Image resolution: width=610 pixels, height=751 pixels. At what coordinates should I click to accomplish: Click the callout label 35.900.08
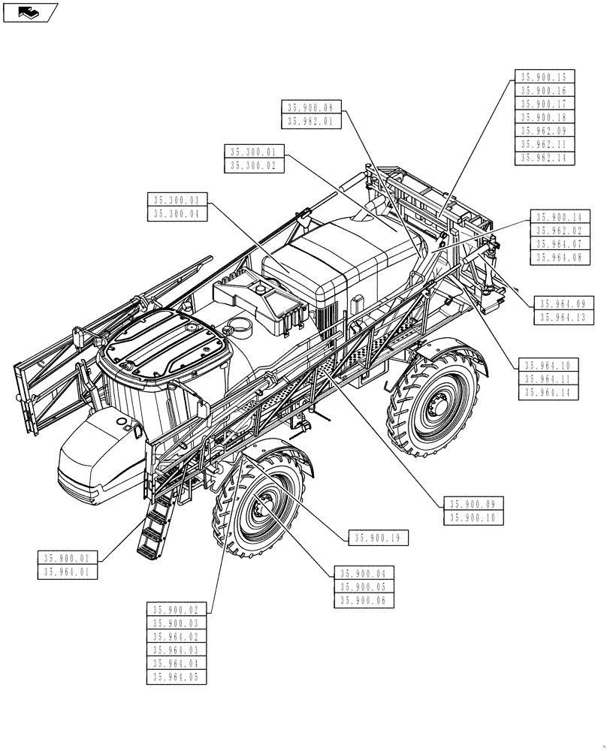pyautogui.click(x=312, y=107)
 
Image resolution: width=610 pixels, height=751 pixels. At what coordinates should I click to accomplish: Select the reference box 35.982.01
pyautogui.click(x=312, y=121)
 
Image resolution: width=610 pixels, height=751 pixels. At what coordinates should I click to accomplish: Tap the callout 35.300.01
pyautogui.click(x=254, y=152)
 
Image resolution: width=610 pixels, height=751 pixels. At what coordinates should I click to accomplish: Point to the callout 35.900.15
pyautogui.click(x=545, y=77)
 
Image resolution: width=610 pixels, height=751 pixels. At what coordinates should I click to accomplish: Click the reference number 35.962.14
pyautogui.click(x=545, y=158)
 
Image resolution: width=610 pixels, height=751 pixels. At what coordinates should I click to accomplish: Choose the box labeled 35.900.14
pyautogui.click(x=560, y=216)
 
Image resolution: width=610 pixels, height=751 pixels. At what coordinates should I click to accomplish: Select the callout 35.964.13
pyautogui.click(x=564, y=318)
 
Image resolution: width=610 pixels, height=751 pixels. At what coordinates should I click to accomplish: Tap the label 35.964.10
pyautogui.click(x=547, y=365)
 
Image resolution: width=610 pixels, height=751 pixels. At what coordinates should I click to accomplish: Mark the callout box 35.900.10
pyautogui.click(x=474, y=518)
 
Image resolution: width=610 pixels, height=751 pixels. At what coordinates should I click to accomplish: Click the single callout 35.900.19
pyautogui.click(x=379, y=537)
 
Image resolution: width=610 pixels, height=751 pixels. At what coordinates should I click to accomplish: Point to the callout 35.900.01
pyautogui.click(x=67, y=558)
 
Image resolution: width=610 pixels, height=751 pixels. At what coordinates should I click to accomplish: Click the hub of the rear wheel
pyautogui.click(x=436, y=409)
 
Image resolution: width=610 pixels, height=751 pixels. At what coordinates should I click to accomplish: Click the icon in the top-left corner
pyautogui.click(x=29, y=12)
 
